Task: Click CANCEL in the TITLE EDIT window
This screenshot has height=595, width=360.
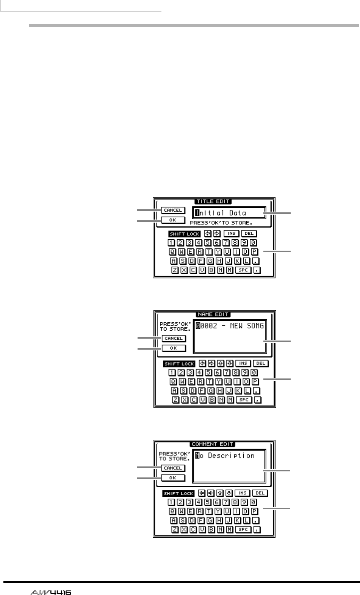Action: pos(173,210)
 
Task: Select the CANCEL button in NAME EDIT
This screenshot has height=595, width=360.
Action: pos(174,338)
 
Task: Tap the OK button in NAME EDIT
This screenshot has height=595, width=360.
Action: pos(174,348)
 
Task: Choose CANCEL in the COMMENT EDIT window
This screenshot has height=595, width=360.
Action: pos(173,468)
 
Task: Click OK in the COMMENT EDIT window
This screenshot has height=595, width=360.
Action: pos(173,478)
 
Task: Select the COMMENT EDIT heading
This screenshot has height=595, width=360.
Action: pos(213,444)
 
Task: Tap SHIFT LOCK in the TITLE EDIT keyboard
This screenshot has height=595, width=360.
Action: pos(185,234)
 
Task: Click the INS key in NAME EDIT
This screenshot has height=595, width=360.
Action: pos(243,363)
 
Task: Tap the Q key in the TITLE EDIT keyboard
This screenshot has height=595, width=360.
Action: pos(172,252)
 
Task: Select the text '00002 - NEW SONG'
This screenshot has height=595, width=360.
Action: pos(230,326)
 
